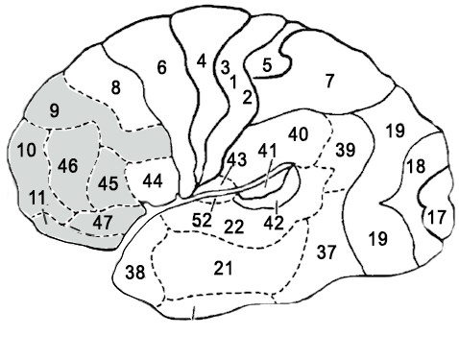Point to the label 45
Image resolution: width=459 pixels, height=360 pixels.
click(x=109, y=183)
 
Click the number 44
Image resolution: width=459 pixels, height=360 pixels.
click(x=152, y=180)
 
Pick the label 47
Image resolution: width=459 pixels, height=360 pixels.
click(x=103, y=222)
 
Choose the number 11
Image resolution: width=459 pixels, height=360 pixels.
click(x=36, y=199)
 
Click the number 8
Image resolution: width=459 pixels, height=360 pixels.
click(x=116, y=88)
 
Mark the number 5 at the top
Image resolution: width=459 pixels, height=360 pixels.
click(x=268, y=63)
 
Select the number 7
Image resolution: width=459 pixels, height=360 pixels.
click(x=329, y=81)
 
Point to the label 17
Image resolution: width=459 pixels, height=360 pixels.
click(x=436, y=217)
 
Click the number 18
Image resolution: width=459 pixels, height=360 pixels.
click(x=414, y=167)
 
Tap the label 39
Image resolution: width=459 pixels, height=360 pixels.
click(x=346, y=150)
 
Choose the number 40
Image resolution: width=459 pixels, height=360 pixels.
click(x=298, y=133)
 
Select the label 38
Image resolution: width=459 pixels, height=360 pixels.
click(x=135, y=273)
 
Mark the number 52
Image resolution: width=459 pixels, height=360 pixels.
click(x=202, y=219)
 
